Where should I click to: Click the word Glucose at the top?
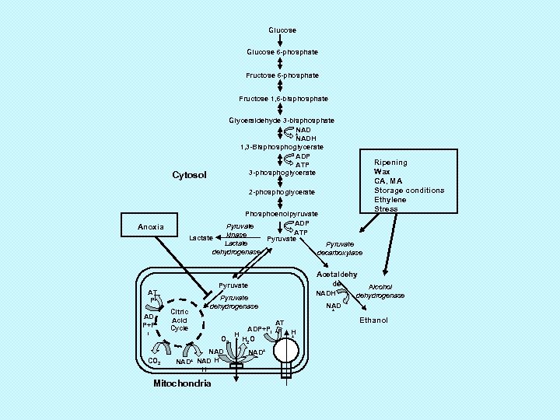[282, 30]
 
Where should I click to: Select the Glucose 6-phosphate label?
[282, 52]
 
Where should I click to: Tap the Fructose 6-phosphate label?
[282, 75]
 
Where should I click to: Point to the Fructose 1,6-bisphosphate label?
[283, 99]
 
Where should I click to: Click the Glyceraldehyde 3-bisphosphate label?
[282, 121]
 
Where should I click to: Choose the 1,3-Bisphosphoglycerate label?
[282, 147]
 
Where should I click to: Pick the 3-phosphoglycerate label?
[282, 172]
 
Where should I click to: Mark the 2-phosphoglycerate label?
[282, 192]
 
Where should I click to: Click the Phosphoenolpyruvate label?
[282, 213]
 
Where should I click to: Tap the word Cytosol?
[189, 175]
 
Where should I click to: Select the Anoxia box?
[151, 227]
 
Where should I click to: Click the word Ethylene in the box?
[390, 200]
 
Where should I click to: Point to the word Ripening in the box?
[390, 163]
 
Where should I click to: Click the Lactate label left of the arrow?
[201, 237]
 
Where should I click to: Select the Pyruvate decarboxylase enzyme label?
[339, 248]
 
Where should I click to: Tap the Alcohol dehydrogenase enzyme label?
[380, 291]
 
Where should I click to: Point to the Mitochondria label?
[182, 383]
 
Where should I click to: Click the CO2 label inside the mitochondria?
[154, 362]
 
